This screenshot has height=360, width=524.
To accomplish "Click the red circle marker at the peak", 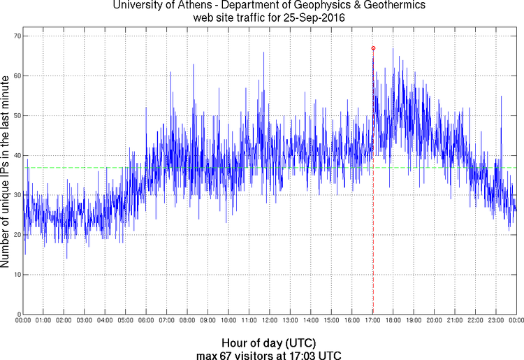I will [373, 48].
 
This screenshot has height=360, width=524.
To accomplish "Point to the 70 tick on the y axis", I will [16, 36].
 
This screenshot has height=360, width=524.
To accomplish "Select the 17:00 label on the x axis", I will [372, 321].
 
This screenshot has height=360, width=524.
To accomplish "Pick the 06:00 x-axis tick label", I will [146, 321].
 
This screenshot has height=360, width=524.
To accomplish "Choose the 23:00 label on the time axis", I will [495, 321].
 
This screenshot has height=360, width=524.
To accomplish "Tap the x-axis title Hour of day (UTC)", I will [269, 343].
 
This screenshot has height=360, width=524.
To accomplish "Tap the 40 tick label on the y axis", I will [16, 155].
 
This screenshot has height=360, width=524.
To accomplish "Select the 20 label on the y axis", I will [16, 235].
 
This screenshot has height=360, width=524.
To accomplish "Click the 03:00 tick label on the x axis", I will [85, 321].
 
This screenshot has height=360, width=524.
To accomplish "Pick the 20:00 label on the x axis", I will [433, 321].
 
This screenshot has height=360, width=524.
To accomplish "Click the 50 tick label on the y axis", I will [16, 115].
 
